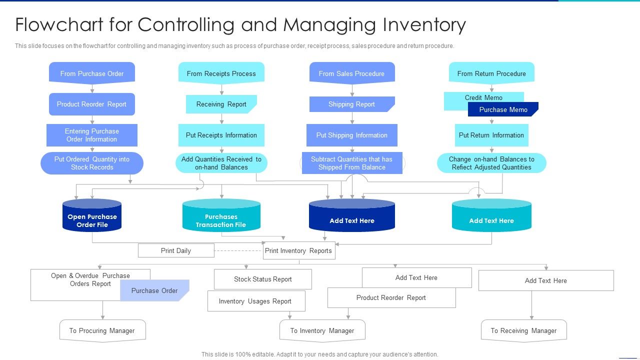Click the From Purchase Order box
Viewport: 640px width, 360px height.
point(92,73)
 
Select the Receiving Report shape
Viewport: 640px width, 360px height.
point(221,104)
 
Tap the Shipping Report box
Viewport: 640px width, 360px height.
point(351,104)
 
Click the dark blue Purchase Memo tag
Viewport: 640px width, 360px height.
point(503,109)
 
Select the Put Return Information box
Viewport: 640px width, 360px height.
point(491,135)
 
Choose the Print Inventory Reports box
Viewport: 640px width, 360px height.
point(298,250)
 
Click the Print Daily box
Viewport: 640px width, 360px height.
point(176,250)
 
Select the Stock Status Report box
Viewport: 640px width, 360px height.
point(262,279)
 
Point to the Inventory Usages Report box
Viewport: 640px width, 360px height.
point(255,301)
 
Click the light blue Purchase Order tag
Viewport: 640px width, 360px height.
point(154,290)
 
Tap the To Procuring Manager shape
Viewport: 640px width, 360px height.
point(102,330)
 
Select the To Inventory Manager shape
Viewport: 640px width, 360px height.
point(322,330)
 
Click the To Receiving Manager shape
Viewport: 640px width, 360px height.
point(523,330)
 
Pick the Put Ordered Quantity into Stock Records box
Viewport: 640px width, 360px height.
point(92,163)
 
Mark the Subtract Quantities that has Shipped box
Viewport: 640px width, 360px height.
point(351,163)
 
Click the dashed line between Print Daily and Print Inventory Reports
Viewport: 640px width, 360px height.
point(238,250)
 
